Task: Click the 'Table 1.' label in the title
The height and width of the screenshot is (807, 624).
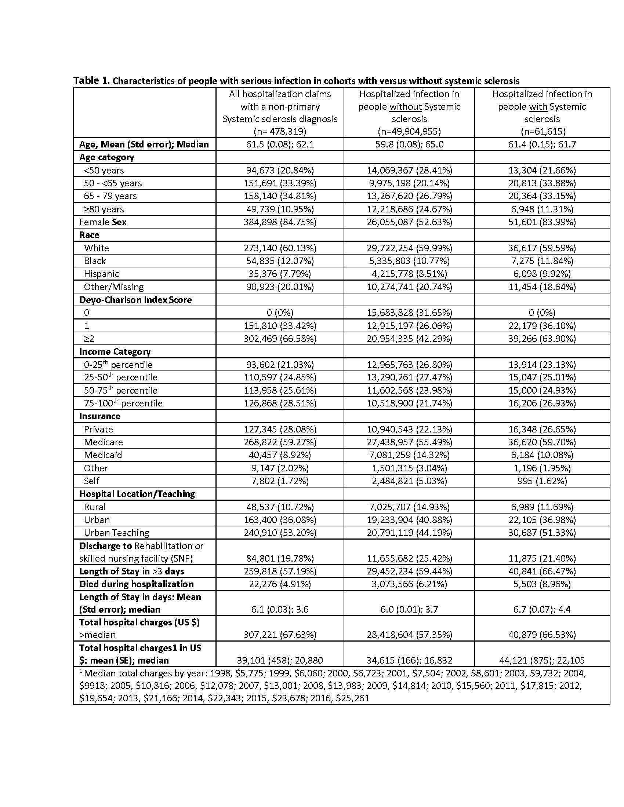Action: pos(91,81)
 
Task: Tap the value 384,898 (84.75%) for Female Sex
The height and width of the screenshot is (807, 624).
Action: pos(280,222)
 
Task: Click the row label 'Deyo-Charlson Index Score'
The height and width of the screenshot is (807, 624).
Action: pos(135,300)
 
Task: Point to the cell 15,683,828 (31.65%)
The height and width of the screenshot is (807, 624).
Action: pos(409,313)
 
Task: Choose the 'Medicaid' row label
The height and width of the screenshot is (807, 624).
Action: pos(103,455)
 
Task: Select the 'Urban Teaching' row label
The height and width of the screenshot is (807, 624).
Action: pos(116,533)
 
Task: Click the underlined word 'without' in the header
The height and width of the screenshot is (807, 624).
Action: pos(406,107)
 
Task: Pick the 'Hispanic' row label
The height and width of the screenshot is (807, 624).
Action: pos(101,274)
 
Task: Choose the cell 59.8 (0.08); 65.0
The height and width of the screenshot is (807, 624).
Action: pos(409,144)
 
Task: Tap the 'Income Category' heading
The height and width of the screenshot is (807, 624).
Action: pos(115,351)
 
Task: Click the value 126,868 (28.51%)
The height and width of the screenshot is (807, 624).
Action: pos(280,403)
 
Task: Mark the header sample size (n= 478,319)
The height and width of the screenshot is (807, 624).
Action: pos(280,132)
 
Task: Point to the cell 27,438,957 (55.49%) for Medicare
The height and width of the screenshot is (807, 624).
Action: pos(409,442)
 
